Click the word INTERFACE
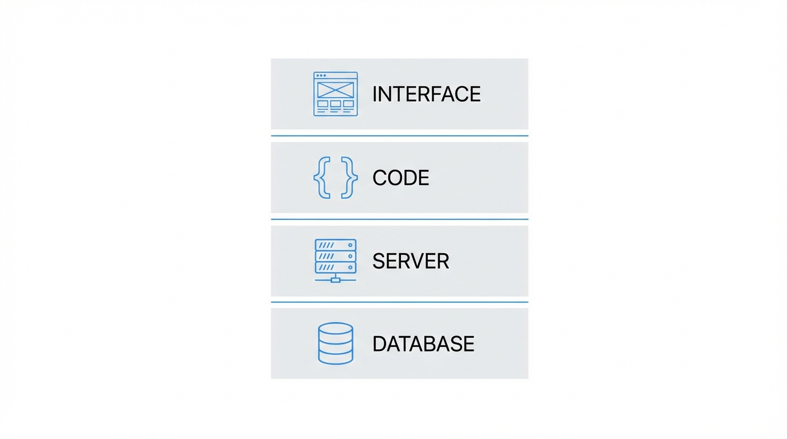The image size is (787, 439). tap(426, 94)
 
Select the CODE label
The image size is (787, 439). tap(400, 178)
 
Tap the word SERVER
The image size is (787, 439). tap(411, 261)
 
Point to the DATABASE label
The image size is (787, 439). tap(423, 344)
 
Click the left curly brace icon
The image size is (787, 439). tap(321, 178)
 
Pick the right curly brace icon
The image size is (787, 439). tap(349, 178)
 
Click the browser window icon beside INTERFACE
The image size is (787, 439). tap(336, 94)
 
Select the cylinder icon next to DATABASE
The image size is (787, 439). tap(336, 344)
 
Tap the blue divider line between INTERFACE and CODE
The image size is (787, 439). tap(399, 135)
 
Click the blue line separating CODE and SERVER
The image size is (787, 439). tap(399, 219)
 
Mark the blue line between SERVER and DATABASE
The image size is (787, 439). tap(399, 302)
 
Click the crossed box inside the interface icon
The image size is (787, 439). tap(336, 90)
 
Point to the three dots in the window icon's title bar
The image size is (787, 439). tap(321, 75)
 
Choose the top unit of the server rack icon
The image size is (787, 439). tap(336, 245)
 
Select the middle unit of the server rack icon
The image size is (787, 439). tap(336, 256)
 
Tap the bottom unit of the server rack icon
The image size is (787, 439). tap(336, 267)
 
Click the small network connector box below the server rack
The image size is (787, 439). tap(336, 280)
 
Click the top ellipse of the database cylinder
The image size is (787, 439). tap(336, 329)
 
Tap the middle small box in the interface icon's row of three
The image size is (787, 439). tap(336, 104)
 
